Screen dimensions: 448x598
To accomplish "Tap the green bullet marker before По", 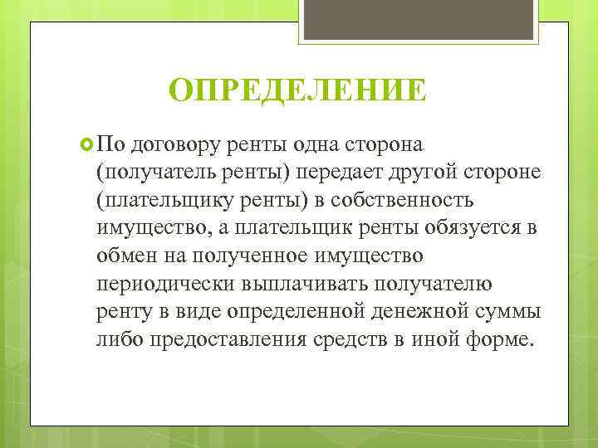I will [88, 144].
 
